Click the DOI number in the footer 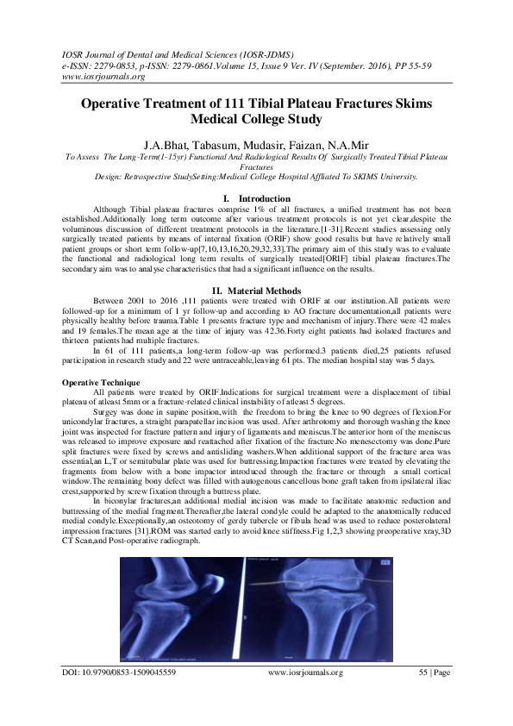point(128,695)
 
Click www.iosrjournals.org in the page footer point(305,695)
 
